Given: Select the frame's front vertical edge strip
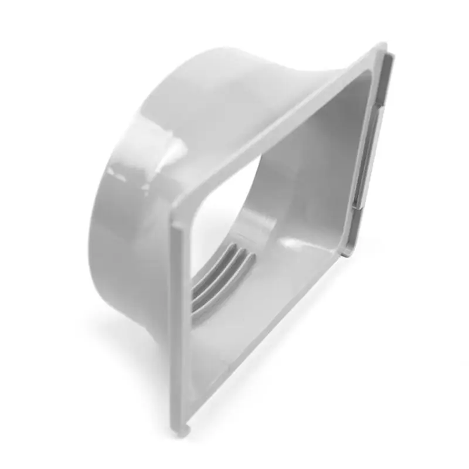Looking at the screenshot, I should [x=182, y=328].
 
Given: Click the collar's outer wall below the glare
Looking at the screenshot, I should [x=129, y=235].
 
